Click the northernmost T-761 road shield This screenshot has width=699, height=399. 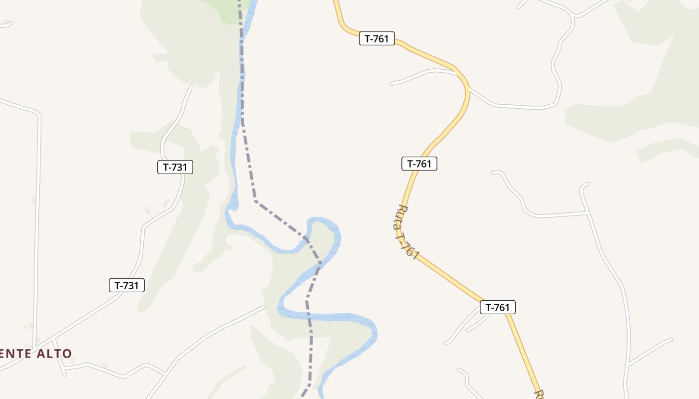point(377,38)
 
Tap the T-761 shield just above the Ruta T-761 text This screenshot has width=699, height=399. point(419,164)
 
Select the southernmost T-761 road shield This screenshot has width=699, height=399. point(497,307)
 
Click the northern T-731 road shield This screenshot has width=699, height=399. point(175,167)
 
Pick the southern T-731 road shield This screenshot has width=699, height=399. point(127,285)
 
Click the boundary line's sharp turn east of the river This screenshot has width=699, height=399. point(256,200)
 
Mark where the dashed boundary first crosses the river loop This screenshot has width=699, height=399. point(306,240)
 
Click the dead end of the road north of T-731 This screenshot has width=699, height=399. point(192,85)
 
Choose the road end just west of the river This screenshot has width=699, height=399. point(263,307)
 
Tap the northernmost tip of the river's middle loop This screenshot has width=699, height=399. point(320,219)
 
